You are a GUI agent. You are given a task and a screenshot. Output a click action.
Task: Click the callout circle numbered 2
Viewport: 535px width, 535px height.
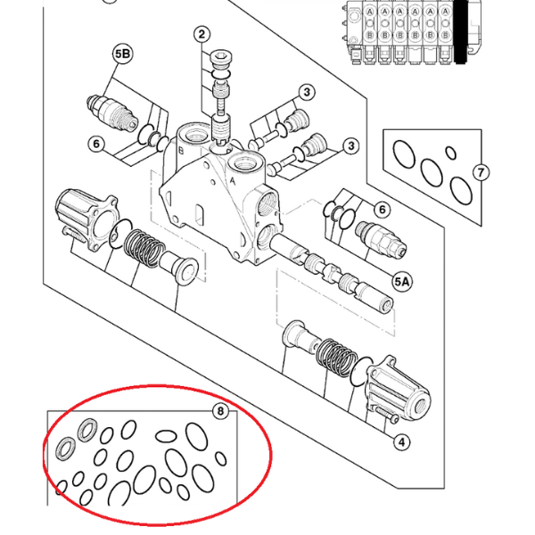click(x=202, y=35)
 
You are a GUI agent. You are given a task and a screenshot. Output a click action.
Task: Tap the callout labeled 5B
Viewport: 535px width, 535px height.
click(x=122, y=55)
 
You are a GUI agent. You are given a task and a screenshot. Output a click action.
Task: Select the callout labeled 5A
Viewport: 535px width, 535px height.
click(x=402, y=282)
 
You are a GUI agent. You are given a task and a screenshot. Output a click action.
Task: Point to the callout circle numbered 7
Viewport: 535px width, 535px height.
click(x=480, y=173)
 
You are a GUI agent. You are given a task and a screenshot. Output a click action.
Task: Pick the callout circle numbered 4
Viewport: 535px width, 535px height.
click(x=401, y=441)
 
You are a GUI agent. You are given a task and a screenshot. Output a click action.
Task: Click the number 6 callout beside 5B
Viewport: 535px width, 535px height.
click(x=96, y=143)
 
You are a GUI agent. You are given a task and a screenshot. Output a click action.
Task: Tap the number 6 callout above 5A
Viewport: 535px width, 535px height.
click(x=382, y=210)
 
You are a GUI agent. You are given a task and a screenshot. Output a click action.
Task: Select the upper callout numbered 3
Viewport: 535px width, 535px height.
click(x=306, y=92)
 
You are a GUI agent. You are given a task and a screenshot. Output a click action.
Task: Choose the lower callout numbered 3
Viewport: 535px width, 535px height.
click(x=351, y=146)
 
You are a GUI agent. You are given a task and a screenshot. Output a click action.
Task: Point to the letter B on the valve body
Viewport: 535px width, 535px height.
click(x=181, y=152)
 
